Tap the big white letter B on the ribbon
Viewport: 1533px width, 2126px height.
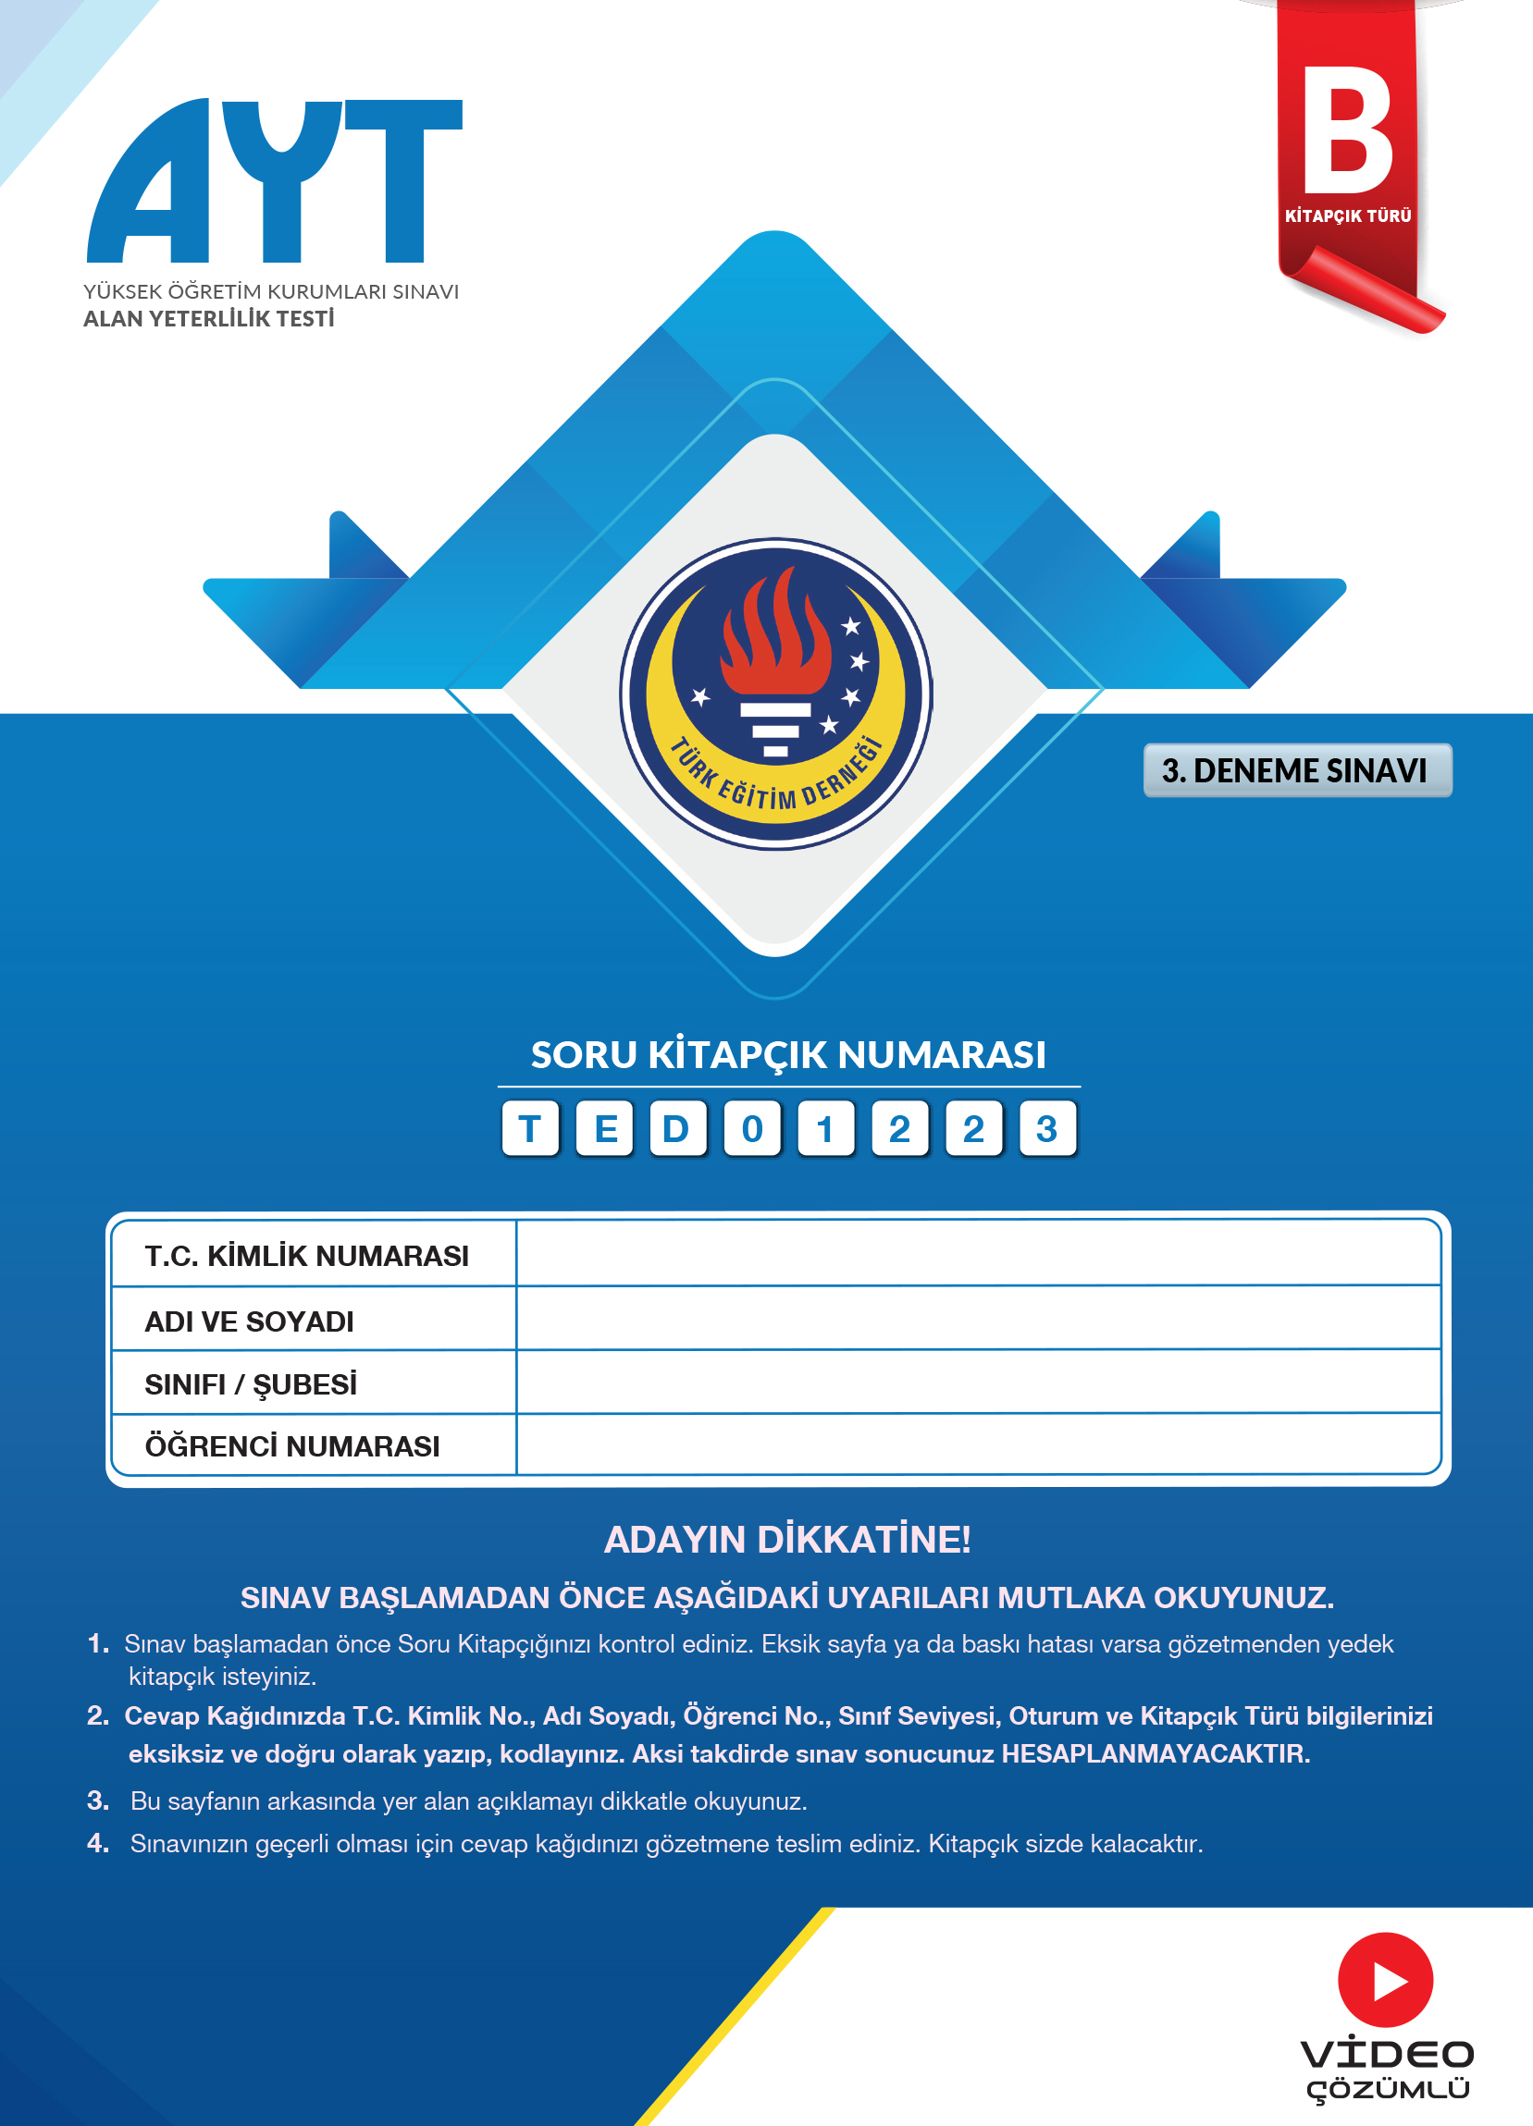(1347, 130)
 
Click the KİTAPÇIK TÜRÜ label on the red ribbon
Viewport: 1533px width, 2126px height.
(1347, 216)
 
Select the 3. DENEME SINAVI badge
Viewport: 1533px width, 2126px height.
(1297, 770)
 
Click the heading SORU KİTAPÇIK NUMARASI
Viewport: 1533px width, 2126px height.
(787, 1055)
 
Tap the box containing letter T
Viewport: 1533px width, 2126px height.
(530, 1128)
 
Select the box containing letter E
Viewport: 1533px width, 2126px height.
(605, 1128)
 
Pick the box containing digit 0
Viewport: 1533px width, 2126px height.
(752, 1128)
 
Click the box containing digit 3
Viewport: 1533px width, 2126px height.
(1047, 1128)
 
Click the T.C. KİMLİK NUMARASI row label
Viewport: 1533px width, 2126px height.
(306, 1256)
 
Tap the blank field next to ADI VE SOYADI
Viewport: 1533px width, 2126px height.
(977, 1319)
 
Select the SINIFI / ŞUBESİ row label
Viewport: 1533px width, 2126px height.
(251, 1384)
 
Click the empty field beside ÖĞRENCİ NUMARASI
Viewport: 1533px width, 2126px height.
(977, 1444)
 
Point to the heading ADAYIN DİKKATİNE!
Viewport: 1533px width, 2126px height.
(787, 1539)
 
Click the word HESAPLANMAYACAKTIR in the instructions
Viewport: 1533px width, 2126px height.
(1156, 1754)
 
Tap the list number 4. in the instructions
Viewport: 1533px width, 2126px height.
(98, 1843)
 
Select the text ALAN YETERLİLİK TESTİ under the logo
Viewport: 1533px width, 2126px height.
(208, 319)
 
